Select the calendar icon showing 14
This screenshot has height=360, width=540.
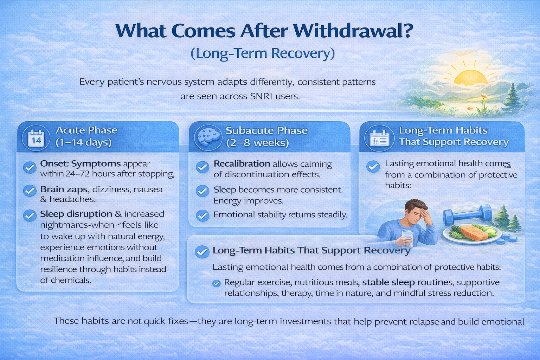tap(36, 138)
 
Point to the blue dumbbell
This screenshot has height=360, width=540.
tap(468, 214)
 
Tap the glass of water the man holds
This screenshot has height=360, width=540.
tap(408, 238)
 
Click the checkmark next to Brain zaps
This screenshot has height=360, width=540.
tap(30, 191)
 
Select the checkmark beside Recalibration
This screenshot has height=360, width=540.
tap(202, 167)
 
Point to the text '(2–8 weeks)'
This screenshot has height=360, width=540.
tap(257, 143)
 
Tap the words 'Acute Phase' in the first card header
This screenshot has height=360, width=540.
tap(86, 130)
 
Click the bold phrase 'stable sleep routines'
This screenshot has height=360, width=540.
tap(407, 282)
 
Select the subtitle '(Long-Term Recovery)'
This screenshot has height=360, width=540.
tap(263, 53)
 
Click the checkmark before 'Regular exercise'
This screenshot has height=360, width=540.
tap(217, 283)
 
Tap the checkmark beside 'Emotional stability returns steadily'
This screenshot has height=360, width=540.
tap(202, 216)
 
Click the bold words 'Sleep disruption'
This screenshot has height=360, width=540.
tap(76, 214)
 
